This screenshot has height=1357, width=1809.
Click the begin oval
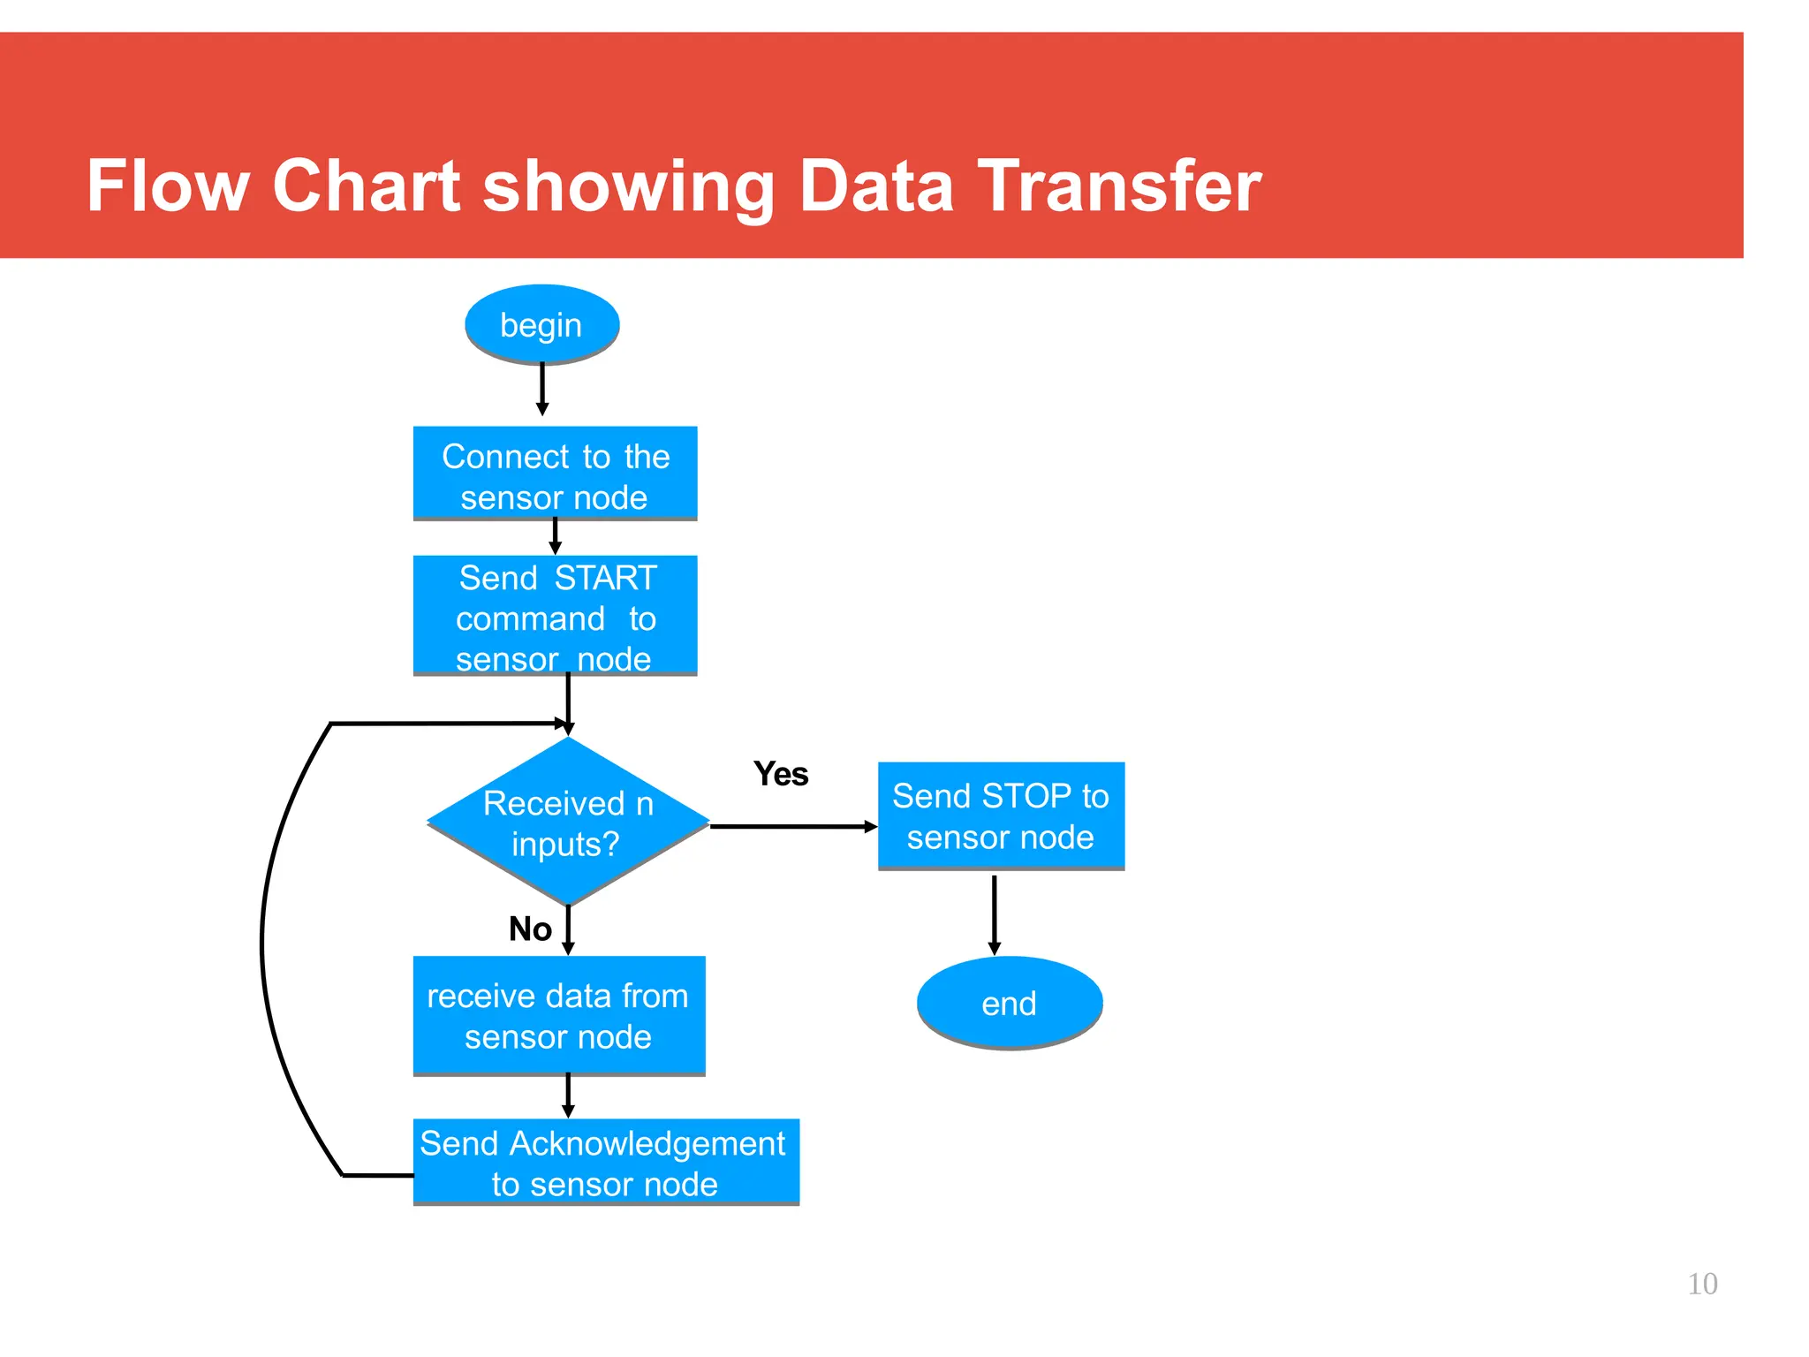[x=541, y=324]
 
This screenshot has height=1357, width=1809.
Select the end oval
[x=1009, y=1003]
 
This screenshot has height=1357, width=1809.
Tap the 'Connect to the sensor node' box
[x=555, y=474]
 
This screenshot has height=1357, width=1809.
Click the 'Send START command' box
[x=555, y=616]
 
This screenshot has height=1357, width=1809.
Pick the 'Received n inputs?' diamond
[x=568, y=822]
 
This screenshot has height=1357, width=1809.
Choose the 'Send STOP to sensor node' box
[x=1001, y=815]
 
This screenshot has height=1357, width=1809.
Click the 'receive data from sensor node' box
[x=558, y=1015]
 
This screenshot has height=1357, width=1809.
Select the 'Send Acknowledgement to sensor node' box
[x=606, y=1162]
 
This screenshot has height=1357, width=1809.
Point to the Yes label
[x=781, y=774]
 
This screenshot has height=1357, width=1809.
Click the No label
[x=530, y=929]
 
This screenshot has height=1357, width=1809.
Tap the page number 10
[x=1701, y=1284]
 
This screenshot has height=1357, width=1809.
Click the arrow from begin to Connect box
[x=542, y=389]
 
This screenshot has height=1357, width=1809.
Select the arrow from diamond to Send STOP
[x=792, y=827]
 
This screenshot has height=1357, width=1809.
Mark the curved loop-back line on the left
[x=263, y=945]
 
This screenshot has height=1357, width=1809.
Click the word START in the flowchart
[x=606, y=578]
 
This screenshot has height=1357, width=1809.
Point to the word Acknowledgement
[x=647, y=1143]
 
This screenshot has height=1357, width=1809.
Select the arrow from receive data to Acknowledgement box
[x=568, y=1096]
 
